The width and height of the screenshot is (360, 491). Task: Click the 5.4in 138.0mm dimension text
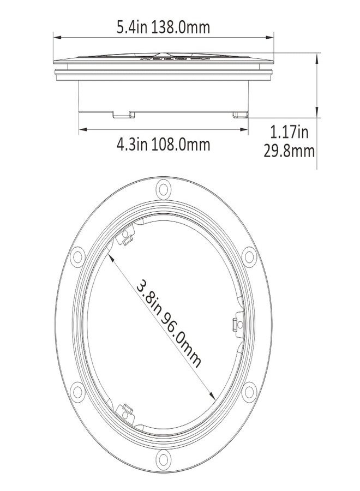click(163, 27)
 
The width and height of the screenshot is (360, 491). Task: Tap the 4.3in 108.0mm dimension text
click(163, 145)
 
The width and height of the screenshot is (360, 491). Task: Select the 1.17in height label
click(289, 132)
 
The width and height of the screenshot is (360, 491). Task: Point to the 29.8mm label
click(289, 151)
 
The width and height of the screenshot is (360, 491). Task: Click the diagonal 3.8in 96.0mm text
click(169, 323)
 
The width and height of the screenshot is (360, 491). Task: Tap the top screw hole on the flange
click(163, 189)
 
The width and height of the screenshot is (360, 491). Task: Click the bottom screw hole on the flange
click(163, 459)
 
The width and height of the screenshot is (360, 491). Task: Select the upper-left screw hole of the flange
click(77, 257)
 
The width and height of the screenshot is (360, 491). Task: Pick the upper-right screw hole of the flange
click(249, 257)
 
